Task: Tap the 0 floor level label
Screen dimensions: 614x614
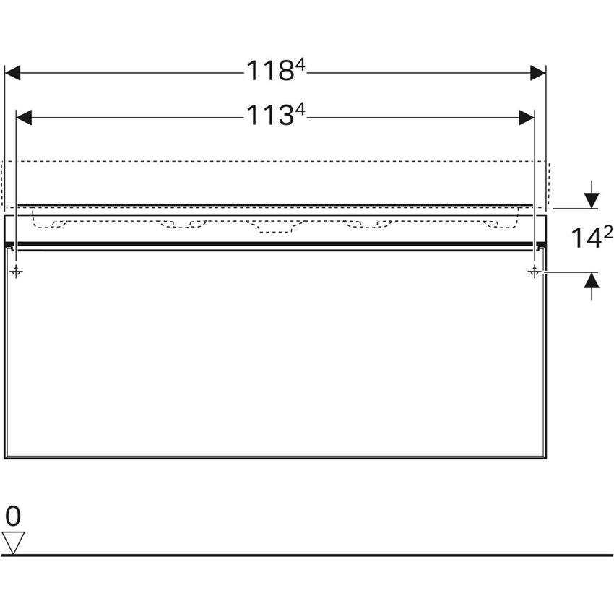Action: (14, 516)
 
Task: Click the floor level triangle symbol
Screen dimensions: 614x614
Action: (14, 542)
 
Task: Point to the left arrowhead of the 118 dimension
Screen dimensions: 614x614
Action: (14, 72)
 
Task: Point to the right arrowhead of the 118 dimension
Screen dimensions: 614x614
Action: (537, 72)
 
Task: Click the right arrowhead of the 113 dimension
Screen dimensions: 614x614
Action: (526, 116)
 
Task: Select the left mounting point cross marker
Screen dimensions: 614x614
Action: (17, 272)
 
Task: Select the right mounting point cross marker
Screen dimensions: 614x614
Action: (534, 272)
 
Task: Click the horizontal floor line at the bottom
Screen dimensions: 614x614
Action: (307, 555)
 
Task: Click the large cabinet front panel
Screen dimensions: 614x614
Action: (274, 354)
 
